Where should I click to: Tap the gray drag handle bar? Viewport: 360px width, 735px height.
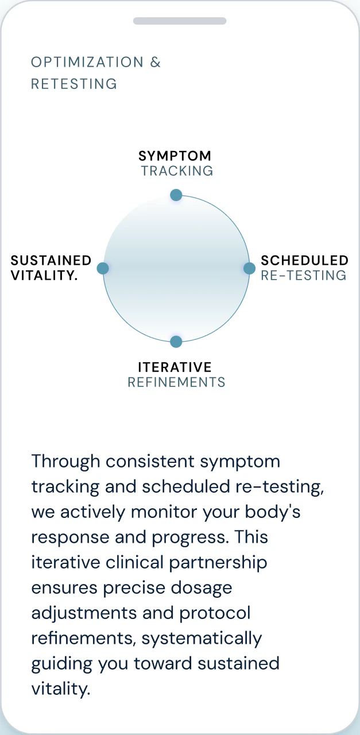[x=180, y=21]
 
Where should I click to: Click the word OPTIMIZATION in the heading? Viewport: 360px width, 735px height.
[x=87, y=62]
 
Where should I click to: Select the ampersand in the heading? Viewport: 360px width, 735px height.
[x=156, y=62]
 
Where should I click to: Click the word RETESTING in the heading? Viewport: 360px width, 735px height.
[x=74, y=84]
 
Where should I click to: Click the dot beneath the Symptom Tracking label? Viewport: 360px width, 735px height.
[x=176, y=195]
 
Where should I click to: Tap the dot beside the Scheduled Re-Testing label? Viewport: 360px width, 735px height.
[x=249, y=268]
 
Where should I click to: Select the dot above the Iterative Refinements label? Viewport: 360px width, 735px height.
[x=176, y=342]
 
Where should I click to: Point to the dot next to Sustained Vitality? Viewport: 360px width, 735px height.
[x=103, y=268]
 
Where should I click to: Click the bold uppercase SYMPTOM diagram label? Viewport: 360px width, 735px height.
[x=175, y=156]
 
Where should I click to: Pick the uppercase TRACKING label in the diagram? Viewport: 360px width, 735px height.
[x=177, y=171]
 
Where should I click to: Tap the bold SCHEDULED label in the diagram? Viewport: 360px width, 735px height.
[x=304, y=260]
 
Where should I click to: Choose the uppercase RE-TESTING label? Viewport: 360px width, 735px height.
[x=304, y=275]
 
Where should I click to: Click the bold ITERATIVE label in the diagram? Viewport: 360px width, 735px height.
[x=175, y=367]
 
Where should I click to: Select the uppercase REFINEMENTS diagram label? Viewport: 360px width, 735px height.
[x=176, y=382]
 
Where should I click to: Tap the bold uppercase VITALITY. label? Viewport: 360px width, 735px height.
[x=44, y=275]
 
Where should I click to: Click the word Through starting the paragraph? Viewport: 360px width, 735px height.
[x=65, y=461]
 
